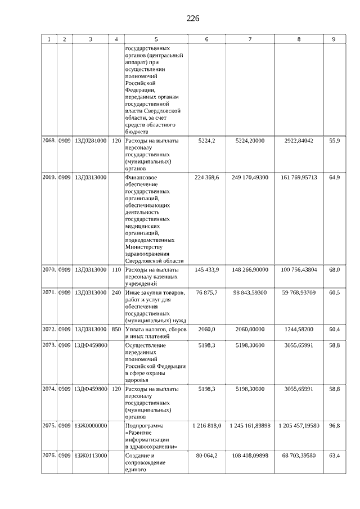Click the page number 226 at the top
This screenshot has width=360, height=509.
193,19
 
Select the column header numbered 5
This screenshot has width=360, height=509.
156,39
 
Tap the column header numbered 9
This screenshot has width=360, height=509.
334,39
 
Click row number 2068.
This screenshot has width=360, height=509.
49,141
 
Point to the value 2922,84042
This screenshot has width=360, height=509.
299,141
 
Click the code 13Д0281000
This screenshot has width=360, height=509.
90,141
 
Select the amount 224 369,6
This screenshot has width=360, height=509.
206,177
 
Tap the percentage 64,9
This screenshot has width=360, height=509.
334,177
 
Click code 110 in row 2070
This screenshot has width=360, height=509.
116,270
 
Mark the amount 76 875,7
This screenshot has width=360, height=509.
206,293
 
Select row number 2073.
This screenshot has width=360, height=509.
49,346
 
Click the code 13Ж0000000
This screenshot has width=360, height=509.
90,426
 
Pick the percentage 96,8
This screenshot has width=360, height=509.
334,426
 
